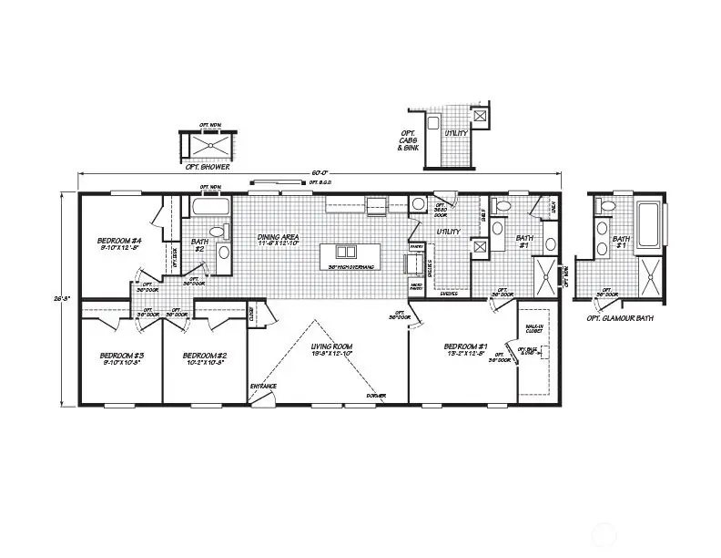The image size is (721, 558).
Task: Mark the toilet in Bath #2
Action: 223,252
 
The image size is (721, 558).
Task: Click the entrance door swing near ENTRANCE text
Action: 260,399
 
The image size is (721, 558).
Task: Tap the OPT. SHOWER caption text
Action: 208,168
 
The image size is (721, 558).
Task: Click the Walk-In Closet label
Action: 534,330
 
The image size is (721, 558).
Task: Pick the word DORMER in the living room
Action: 375,396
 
